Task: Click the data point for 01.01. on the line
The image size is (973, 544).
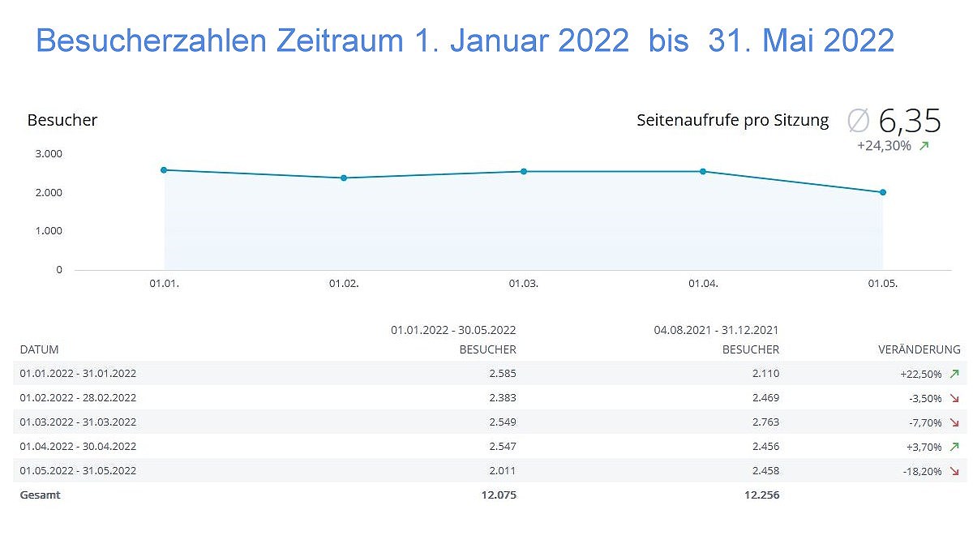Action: point(164,169)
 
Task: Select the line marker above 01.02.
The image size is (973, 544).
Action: point(344,178)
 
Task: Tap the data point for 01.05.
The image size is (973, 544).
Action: point(882,192)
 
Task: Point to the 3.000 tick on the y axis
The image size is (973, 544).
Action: point(49,153)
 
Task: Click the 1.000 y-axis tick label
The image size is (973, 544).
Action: point(49,231)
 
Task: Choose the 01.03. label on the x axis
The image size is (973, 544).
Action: point(523,284)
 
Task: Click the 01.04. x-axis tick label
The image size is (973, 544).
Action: point(703,284)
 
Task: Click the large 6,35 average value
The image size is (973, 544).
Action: point(909,121)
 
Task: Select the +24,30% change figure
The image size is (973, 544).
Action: point(884,146)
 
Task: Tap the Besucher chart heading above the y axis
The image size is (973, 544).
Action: point(62,120)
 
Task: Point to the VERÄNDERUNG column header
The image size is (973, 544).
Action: point(919,349)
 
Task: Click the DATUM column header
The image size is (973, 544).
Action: point(39,349)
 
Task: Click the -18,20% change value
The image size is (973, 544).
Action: point(920,471)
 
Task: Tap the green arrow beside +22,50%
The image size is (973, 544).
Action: point(954,374)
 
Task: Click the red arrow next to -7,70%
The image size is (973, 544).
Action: point(954,422)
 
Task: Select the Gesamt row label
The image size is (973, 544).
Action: point(41,495)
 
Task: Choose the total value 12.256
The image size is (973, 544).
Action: point(761,495)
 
